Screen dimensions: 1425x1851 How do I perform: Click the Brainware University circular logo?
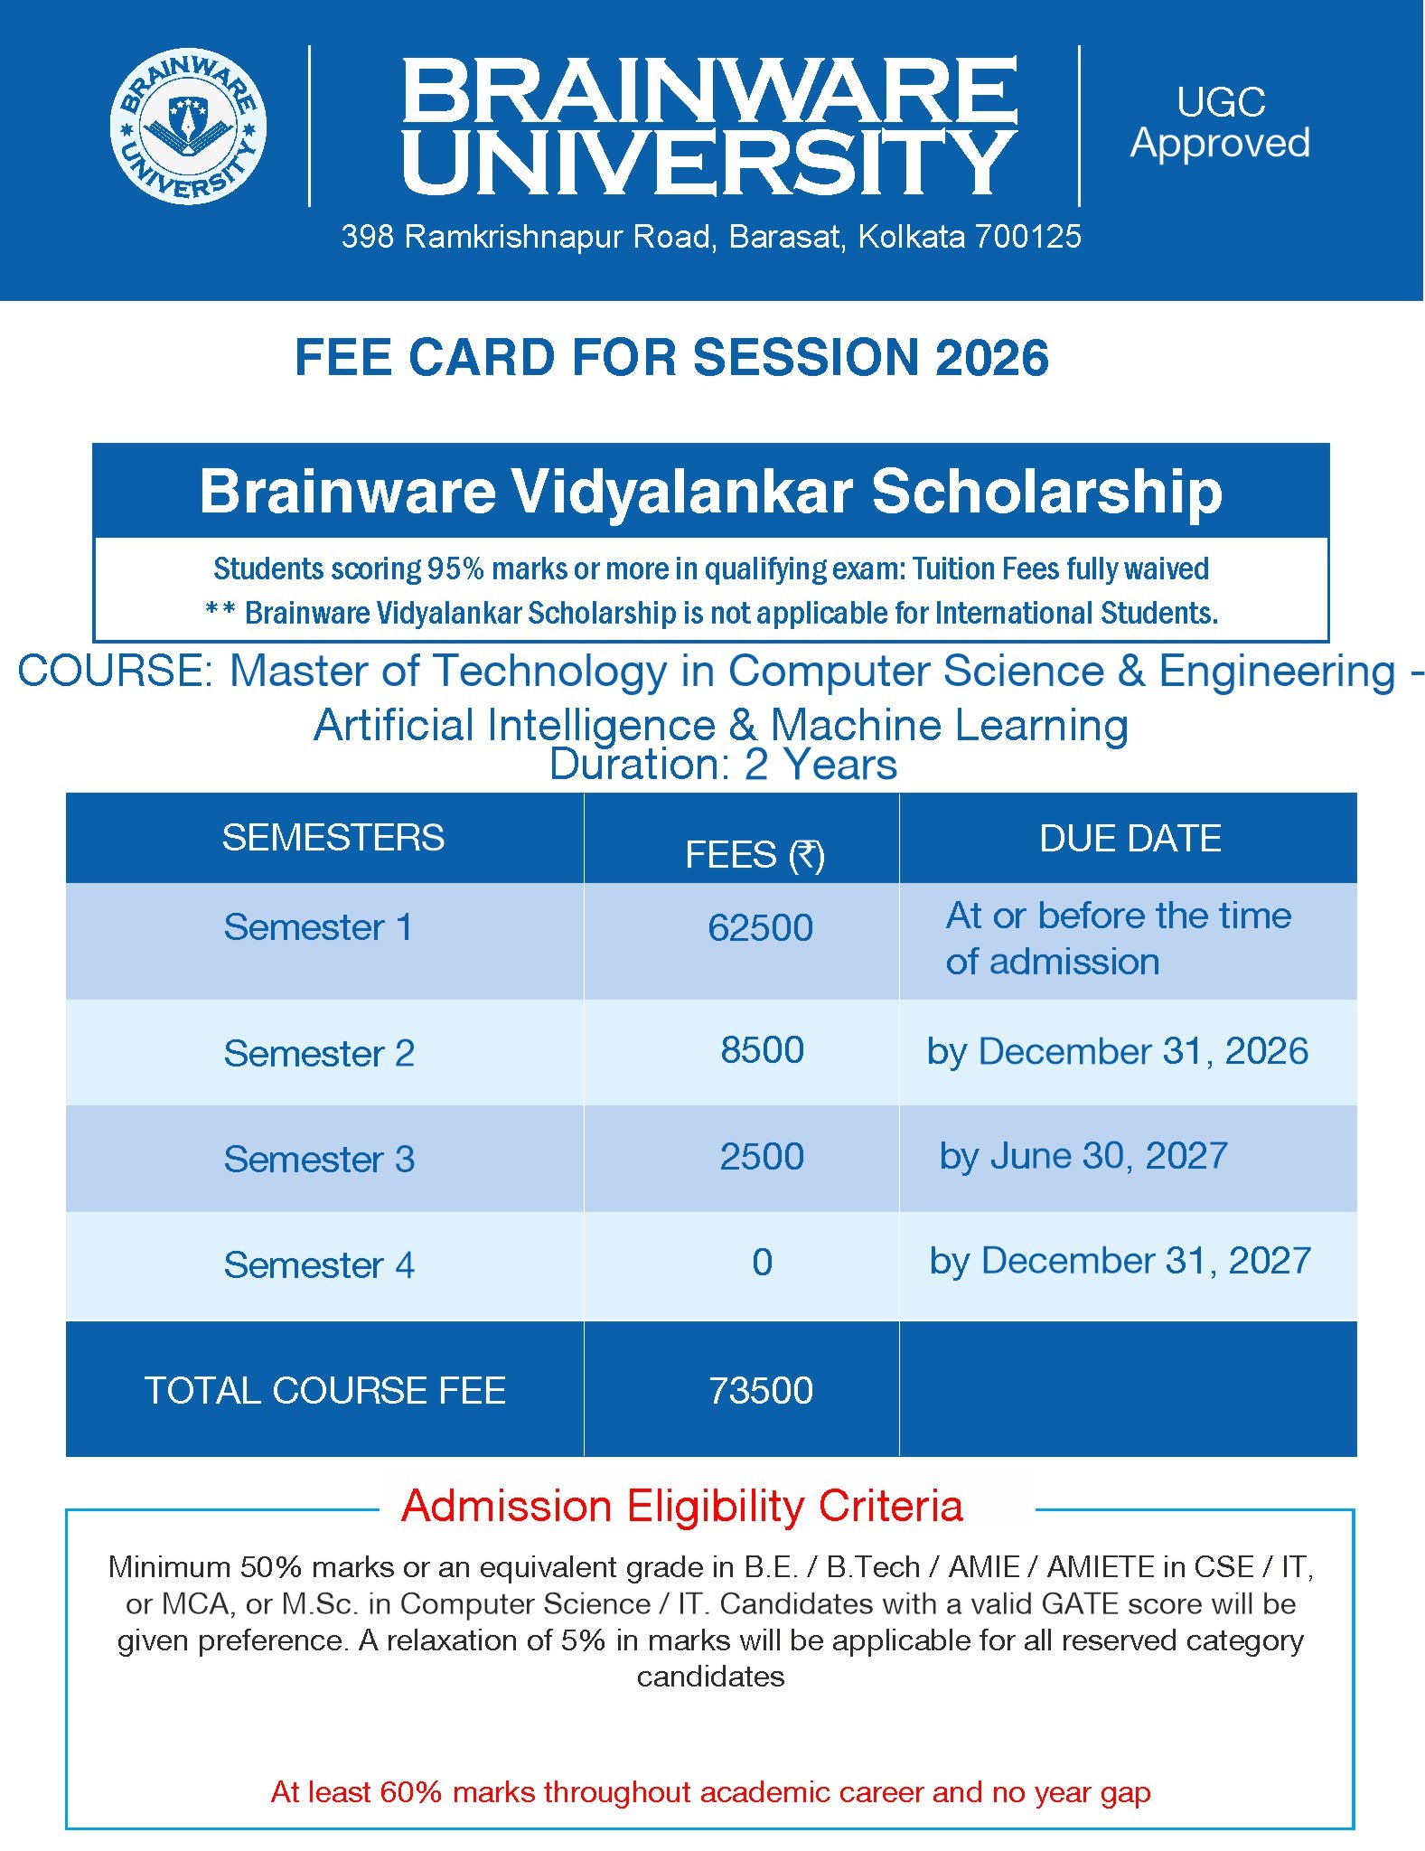pos(188,126)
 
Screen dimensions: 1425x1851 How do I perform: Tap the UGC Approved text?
pos(1220,123)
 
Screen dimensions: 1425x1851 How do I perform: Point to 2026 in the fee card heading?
pos(991,357)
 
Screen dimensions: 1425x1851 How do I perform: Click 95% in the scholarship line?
pos(456,569)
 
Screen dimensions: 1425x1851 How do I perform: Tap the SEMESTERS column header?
pos(333,838)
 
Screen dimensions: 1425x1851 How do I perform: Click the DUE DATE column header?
pos(1130,839)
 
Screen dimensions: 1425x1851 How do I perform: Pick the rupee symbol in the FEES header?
pos(807,855)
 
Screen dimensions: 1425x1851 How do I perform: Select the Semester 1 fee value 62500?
pos(761,928)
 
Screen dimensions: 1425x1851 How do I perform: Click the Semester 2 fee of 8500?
pos(763,1050)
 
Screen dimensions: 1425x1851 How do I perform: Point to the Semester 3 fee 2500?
pos(762,1157)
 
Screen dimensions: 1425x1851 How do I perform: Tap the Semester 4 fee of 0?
pos(763,1263)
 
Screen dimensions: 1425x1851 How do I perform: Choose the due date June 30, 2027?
pos(1110,1157)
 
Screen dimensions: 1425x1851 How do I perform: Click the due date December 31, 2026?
pos(1143,1052)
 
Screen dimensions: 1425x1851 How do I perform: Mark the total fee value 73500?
pos(761,1391)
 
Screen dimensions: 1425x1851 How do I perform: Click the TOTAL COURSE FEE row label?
pos(325,1391)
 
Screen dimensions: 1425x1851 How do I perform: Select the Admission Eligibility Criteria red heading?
pos(682,1507)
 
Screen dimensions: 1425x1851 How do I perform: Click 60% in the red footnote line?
pos(411,1792)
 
